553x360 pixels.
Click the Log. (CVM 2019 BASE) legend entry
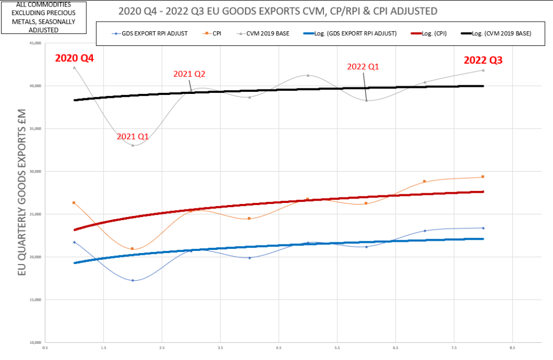tap(500, 33)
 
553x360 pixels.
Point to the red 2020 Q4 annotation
tap(75, 58)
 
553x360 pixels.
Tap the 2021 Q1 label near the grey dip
tap(133, 137)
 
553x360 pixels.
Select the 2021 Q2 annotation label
tap(189, 74)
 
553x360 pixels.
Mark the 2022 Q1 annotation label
tap(363, 66)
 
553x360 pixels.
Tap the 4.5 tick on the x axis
tap(279, 348)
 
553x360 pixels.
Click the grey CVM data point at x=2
tap(133, 145)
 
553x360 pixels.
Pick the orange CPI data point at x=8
tap(483, 177)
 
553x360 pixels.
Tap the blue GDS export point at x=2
tap(133, 280)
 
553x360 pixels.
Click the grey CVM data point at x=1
tap(75, 67)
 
